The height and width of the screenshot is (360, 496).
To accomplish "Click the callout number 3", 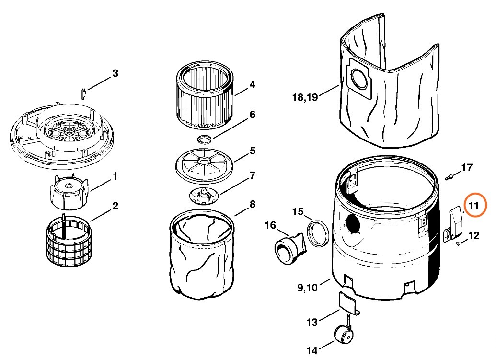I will coord(115,73).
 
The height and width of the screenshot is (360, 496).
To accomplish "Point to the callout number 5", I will coord(252,151).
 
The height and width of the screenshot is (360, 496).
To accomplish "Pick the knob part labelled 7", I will coord(204,195).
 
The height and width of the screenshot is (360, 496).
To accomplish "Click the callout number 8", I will coord(252,205).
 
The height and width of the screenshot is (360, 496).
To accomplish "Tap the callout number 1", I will coord(115,176).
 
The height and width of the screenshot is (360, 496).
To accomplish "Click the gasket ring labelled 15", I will coord(317,233).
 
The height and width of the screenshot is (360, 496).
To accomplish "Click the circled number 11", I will coord(474,206).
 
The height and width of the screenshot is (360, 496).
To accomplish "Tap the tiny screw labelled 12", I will coord(458,244).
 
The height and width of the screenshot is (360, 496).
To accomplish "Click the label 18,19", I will coord(305,98).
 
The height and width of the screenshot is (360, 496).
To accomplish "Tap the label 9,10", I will coord(307,288).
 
